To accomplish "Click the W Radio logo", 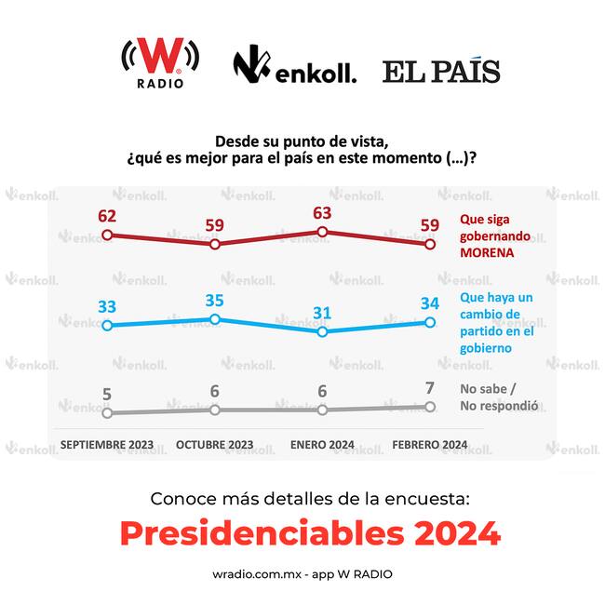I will (159, 63).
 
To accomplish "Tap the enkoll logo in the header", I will (294, 67).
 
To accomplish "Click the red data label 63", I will (322, 212).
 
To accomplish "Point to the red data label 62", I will (106, 216).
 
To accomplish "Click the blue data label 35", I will (214, 300).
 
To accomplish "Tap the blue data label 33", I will (106, 306).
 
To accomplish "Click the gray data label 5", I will (106, 394).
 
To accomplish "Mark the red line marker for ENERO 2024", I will (322, 232).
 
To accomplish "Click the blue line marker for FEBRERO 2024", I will (430, 322).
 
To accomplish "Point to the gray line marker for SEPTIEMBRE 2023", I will (107, 412).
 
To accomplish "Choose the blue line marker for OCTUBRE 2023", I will (214, 318).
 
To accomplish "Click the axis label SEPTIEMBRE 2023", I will (107, 445).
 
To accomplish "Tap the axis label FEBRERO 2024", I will (430, 445).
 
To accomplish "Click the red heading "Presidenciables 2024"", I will (310, 533).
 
